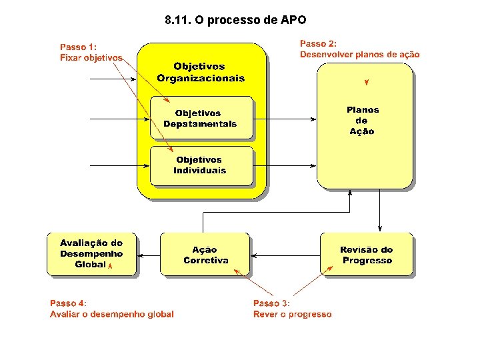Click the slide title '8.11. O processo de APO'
pyautogui.click(x=235, y=20)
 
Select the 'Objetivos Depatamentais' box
pyautogui.click(x=201, y=118)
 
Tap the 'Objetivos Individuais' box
pyautogui.click(x=201, y=165)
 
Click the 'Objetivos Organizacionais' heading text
pyautogui.click(x=201, y=72)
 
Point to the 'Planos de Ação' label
pyautogui.click(x=362, y=121)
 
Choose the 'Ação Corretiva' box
pyautogui.click(x=205, y=255)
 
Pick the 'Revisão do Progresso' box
pyautogui.click(x=367, y=255)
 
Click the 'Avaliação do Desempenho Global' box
pyautogui.click(x=91, y=254)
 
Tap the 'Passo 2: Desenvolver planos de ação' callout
pyautogui.click(x=359, y=49)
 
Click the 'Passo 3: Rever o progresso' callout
pyautogui.click(x=292, y=309)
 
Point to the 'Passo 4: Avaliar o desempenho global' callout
pyautogui.click(x=111, y=309)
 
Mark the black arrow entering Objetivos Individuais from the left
pyautogui.click(x=120, y=165)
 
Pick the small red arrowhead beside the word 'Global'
pyautogui.click(x=111, y=265)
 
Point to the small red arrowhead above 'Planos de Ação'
pyautogui.click(x=366, y=83)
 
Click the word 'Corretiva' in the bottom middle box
pyautogui.click(x=205, y=261)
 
